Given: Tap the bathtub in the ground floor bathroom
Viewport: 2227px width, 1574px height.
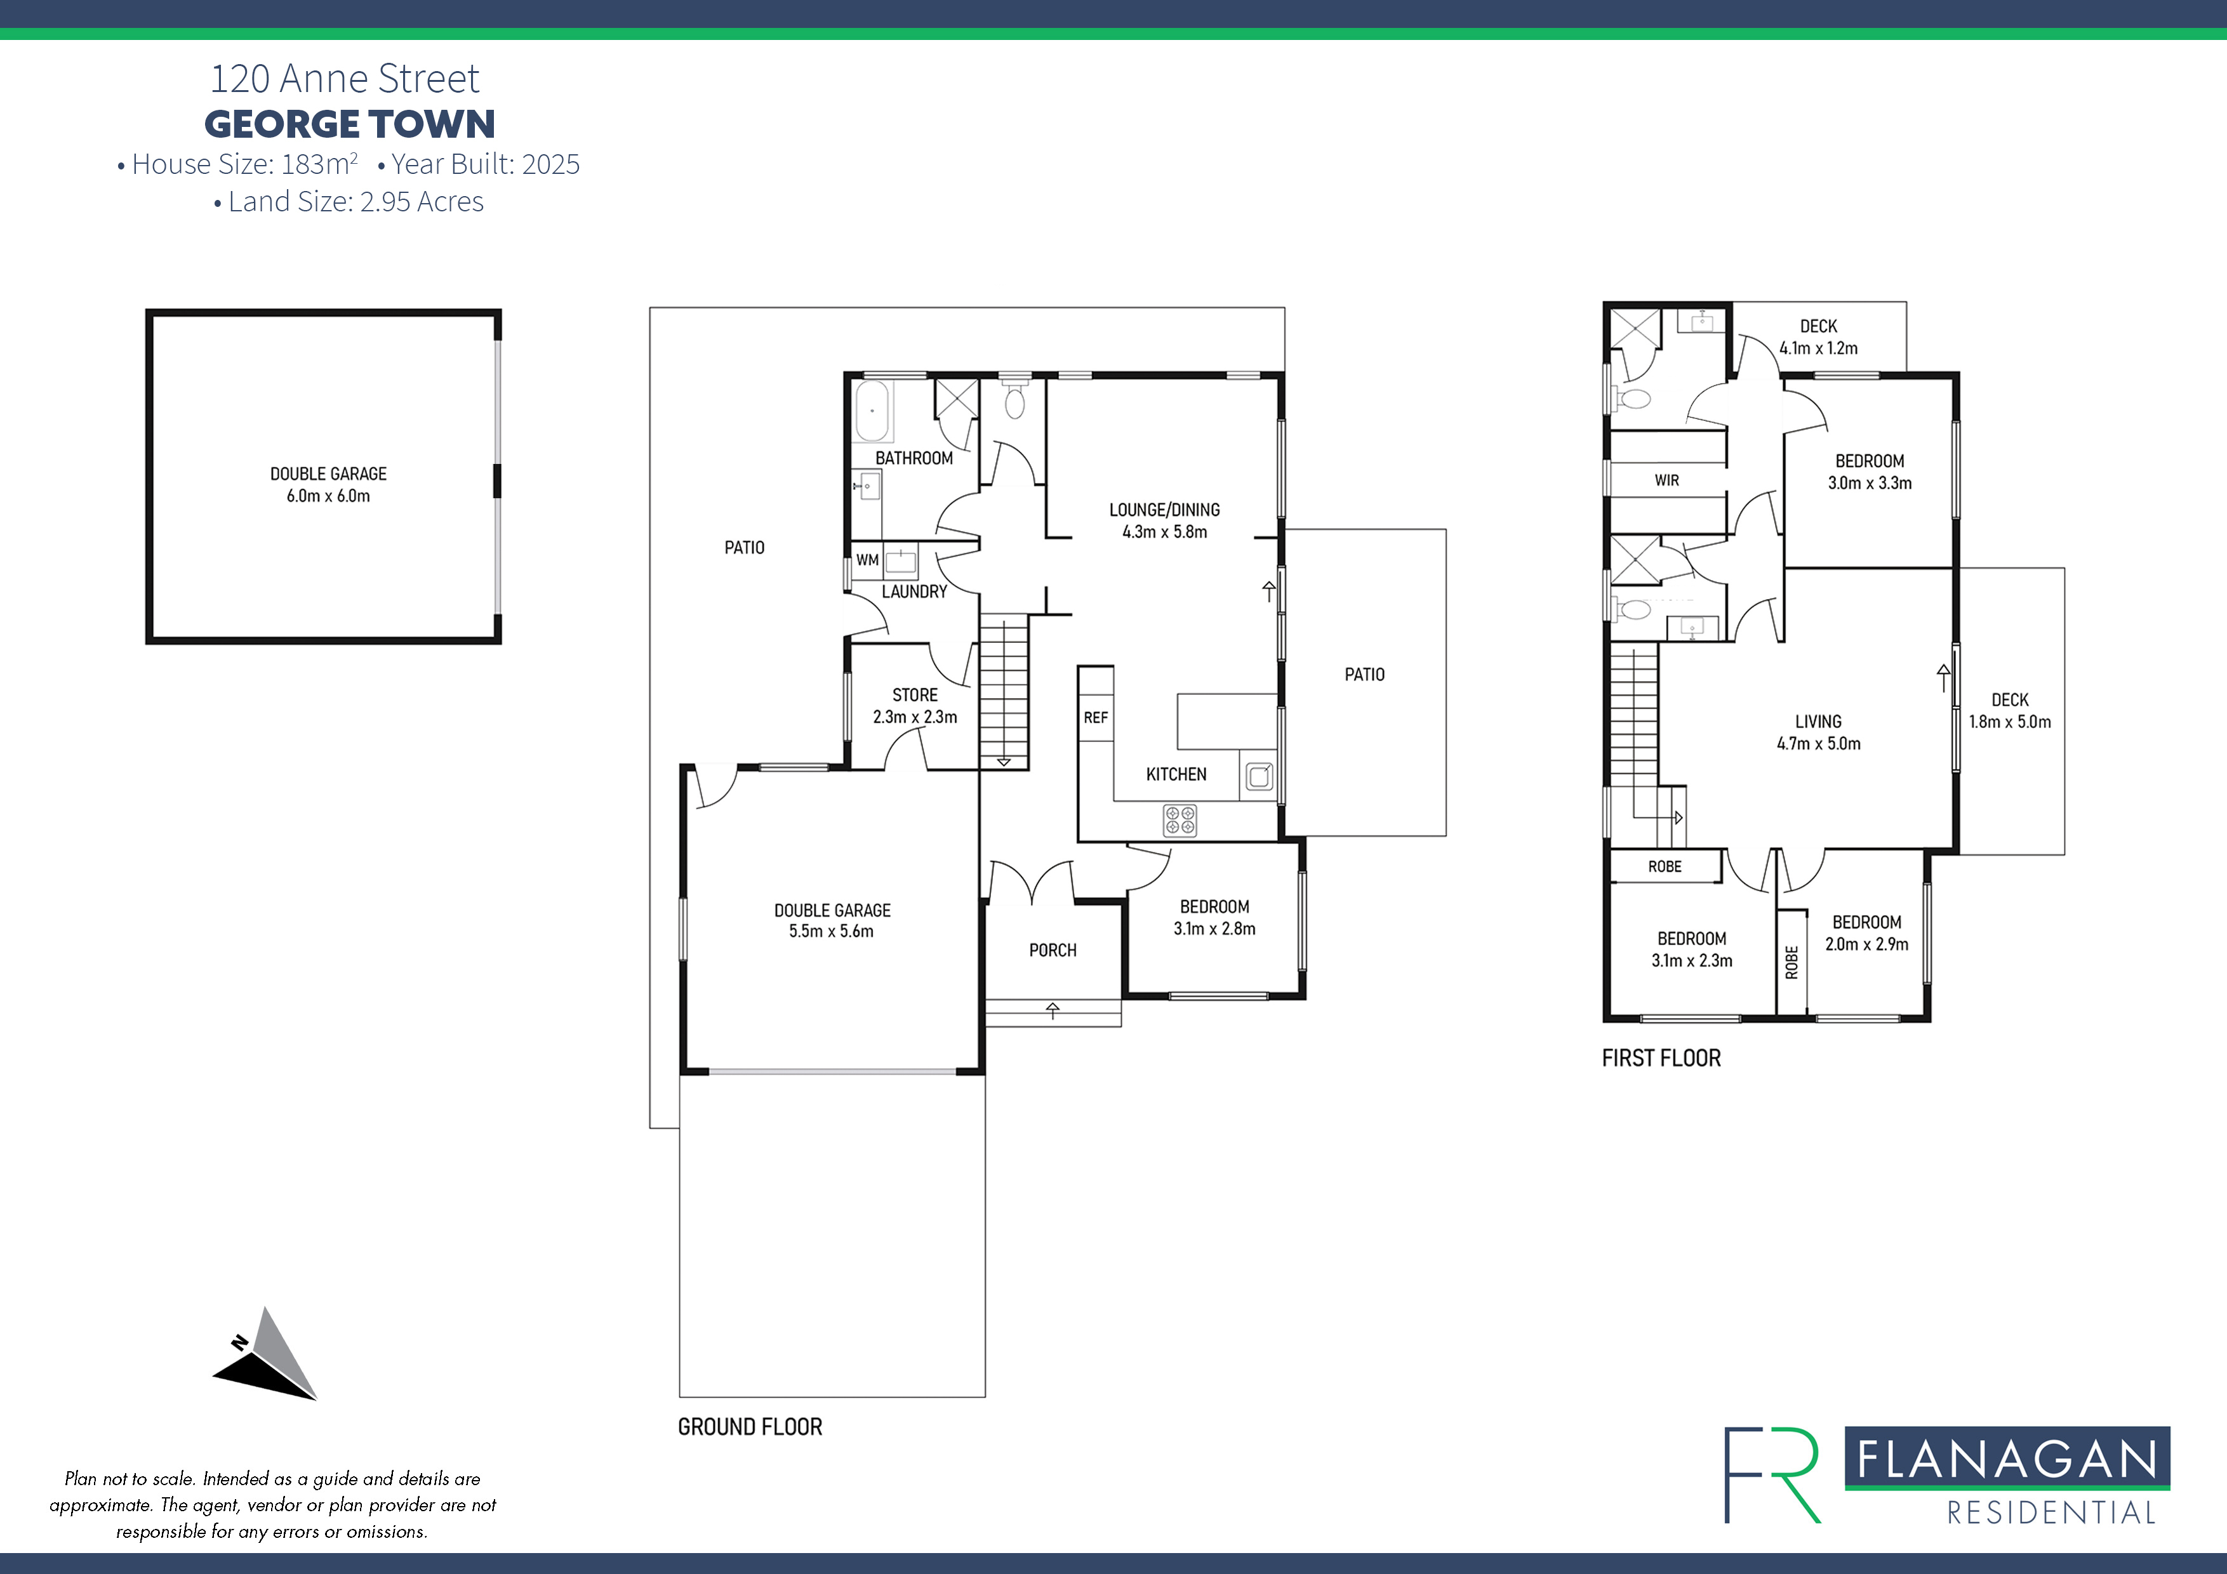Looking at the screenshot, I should click(x=872, y=411).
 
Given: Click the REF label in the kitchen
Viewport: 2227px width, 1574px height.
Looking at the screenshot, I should click(x=1095, y=718).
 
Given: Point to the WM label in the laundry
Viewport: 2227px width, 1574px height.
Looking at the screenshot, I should click(x=867, y=560).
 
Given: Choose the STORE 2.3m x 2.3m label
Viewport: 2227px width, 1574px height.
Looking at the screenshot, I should click(x=915, y=706).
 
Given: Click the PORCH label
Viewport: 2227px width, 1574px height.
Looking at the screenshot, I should click(x=1053, y=950).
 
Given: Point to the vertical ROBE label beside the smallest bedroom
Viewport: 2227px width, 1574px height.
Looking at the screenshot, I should click(x=1792, y=962).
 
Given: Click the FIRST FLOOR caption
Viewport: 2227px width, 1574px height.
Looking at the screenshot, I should click(x=1661, y=1058).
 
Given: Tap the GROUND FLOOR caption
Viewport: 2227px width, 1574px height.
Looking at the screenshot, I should click(x=750, y=1427).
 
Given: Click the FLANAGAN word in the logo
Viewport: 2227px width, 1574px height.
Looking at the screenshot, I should click(x=2006, y=1460).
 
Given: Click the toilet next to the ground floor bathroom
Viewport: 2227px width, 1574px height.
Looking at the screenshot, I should click(x=1014, y=402).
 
